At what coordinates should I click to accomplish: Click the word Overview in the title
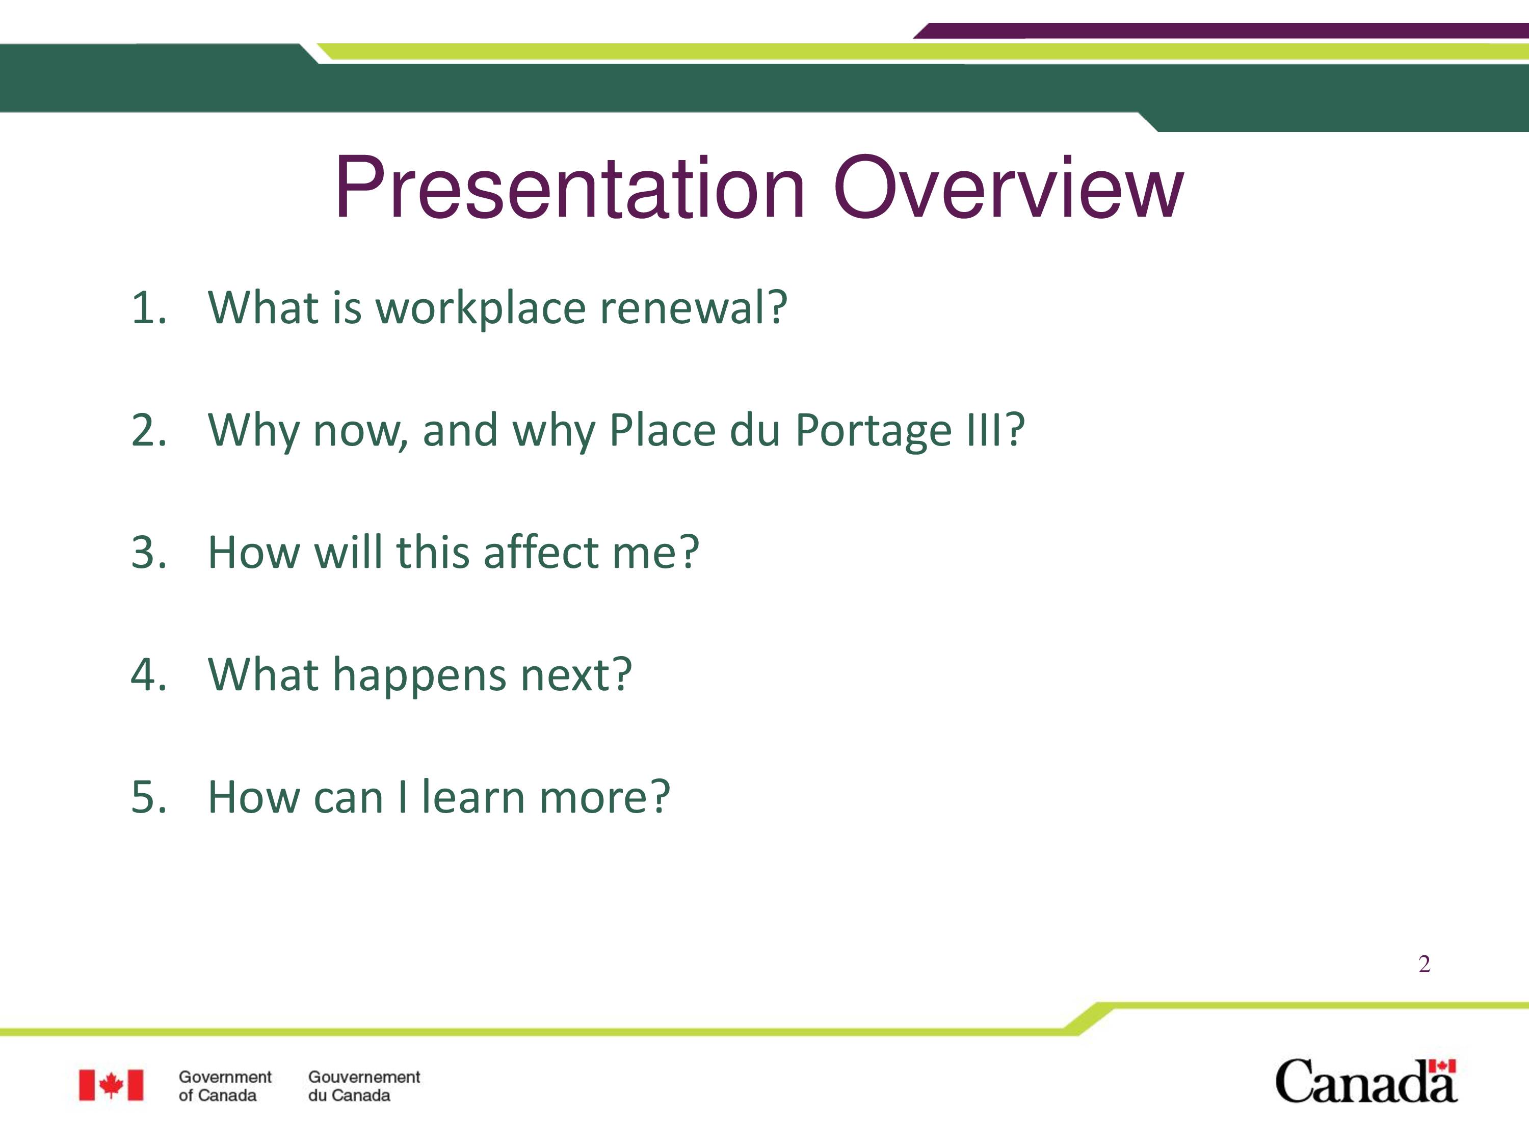[x=1009, y=188]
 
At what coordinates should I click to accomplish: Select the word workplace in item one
[x=481, y=309]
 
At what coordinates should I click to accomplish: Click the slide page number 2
[x=1424, y=964]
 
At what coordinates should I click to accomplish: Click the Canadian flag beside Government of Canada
[x=111, y=1085]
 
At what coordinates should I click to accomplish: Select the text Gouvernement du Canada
[x=363, y=1086]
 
